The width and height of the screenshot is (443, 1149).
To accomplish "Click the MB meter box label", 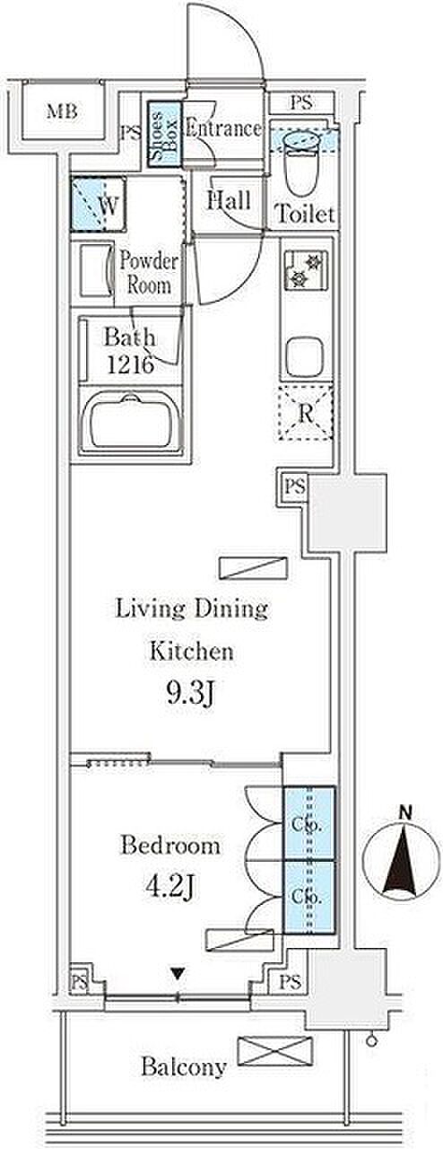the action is [x=62, y=111].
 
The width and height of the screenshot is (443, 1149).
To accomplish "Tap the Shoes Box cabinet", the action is [x=165, y=135].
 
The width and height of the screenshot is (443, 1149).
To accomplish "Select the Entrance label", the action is [x=223, y=128].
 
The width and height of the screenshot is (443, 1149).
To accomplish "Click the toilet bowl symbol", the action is [x=302, y=162].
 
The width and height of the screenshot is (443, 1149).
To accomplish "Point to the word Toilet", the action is [x=306, y=214].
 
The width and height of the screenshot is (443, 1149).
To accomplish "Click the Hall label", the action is [x=229, y=200].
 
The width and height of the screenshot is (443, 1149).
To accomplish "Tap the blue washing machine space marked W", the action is [x=98, y=204].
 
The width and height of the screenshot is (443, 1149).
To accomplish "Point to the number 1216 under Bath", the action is [x=130, y=364].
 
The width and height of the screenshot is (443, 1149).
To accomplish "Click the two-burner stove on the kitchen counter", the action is [x=306, y=271].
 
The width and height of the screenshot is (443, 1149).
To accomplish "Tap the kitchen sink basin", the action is [x=305, y=356].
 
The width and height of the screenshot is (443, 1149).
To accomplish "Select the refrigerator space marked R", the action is [x=306, y=413].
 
